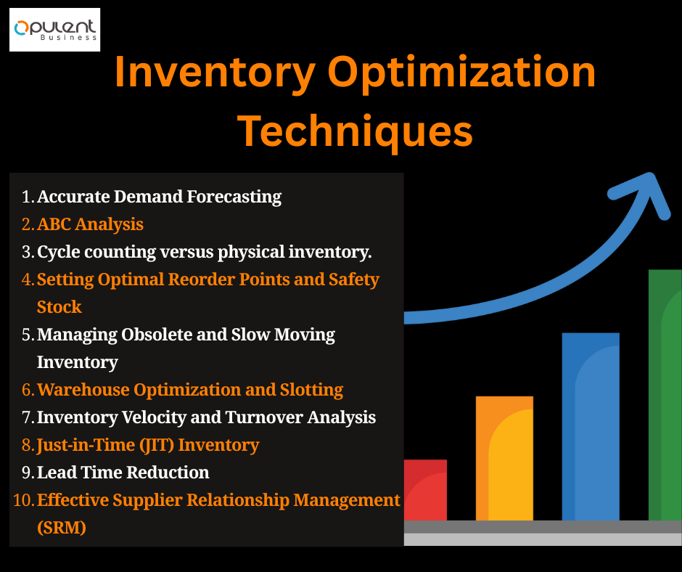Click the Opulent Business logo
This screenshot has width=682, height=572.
(x=55, y=30)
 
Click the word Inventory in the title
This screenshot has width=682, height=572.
(x=215, y=73)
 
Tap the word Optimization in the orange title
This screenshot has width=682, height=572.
(x=462, y=73)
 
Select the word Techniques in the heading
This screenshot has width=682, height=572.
(x=355, y=132)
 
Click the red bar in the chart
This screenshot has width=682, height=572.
(x=425, y=490)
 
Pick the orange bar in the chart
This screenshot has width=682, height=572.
(x=504, y=458)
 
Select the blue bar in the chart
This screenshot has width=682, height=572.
(x=591, y=427)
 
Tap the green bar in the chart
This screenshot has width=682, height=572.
(x=665, y=395)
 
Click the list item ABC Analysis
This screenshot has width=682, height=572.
(x=90, y=224)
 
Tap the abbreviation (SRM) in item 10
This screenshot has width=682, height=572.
(x=62, y=528)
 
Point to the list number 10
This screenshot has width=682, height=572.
(x=23, y=500)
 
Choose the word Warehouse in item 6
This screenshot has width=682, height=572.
(x=83, y=390)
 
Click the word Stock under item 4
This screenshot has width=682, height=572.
(x=59, y=307)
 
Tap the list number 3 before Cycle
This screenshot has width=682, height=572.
(x=27, y=252)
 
